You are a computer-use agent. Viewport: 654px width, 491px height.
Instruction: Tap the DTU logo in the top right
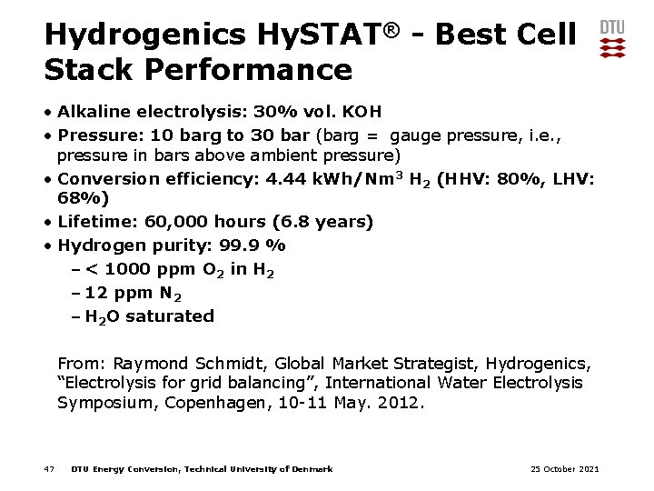pyautogui.click(x=612, y=39)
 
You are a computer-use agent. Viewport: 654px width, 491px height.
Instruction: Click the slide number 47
pyautogui.click(x=49, y=469)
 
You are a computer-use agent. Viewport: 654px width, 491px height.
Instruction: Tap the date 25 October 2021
pyautogui.click(x=564, y=469)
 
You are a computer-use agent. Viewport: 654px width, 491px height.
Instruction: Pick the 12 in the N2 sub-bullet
pyautogui.click(x=94, y=293)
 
